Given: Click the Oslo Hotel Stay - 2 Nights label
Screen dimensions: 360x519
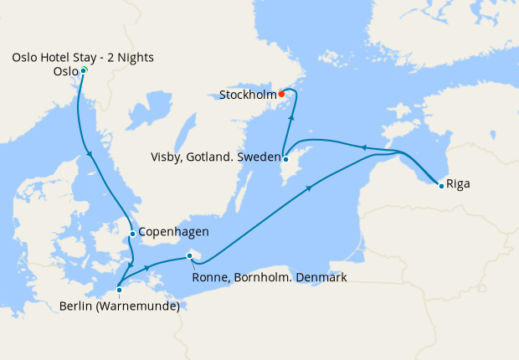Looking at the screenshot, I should point(83,57).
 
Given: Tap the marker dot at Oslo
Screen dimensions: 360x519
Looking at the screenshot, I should point(84,70).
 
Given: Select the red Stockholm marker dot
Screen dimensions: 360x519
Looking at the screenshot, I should point(282,94).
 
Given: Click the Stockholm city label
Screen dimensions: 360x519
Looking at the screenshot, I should point(248,95).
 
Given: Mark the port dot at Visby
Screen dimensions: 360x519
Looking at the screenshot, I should point(285,159).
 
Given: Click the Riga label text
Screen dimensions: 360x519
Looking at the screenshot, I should point(458,183).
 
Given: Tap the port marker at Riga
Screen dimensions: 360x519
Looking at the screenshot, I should point(441,185).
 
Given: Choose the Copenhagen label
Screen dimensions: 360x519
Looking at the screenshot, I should point(172,232).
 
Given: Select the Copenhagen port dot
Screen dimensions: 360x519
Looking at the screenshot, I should point(132,234).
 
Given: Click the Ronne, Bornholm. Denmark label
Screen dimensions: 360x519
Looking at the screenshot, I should point(269,277).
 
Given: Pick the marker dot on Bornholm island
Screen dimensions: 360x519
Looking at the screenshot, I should point(190,256).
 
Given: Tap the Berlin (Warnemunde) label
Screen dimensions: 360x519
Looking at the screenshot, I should point(120,306).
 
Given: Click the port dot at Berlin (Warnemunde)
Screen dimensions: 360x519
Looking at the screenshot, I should point(119,290).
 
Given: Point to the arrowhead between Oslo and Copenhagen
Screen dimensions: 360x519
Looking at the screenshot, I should point(90,152).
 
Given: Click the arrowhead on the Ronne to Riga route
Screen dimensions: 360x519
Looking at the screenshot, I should point(310,188).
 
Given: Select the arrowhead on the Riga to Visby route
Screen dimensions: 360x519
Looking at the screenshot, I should point(363,147).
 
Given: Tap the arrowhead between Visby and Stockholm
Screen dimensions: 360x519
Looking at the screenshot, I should point(290,118).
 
